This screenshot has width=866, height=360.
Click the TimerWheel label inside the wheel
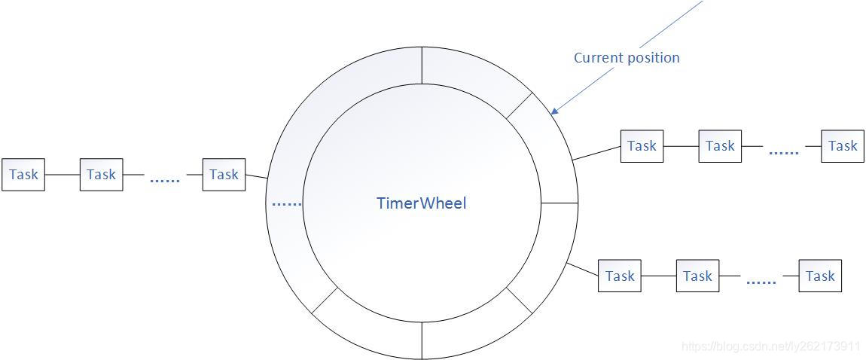[x=421, y=203]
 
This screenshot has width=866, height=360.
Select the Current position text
[x=626, y=58]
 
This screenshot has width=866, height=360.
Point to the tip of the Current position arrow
[x=551, y=114]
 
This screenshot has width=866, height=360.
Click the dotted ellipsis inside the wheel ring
[x=285, y=204]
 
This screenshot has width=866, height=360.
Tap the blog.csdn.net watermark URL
[x=770, y=346]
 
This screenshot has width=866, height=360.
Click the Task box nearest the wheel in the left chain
[x=224, y=175]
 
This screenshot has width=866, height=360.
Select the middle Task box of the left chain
[x=101, y=175]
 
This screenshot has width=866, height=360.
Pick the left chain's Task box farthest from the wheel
[x=23, y=175]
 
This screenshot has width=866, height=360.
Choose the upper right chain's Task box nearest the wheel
[x=642, y=146]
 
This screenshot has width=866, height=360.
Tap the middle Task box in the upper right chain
[x=720, y=146]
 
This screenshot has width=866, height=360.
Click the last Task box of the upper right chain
[x=842, y=146]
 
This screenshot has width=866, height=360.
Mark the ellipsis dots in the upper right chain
[x=783, y=153]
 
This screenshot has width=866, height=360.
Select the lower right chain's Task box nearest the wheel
[x=620, y=276]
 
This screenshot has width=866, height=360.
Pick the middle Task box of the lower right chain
[x=697, y=276]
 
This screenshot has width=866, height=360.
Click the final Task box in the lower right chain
[x=820, y=276]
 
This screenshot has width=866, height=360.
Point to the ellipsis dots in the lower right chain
[x=761, y=282]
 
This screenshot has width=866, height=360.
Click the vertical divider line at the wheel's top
[x=422, y=66]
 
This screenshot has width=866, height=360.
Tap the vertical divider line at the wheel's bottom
[x=422, y=340]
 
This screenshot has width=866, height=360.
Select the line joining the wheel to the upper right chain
[x=596, y=153]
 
